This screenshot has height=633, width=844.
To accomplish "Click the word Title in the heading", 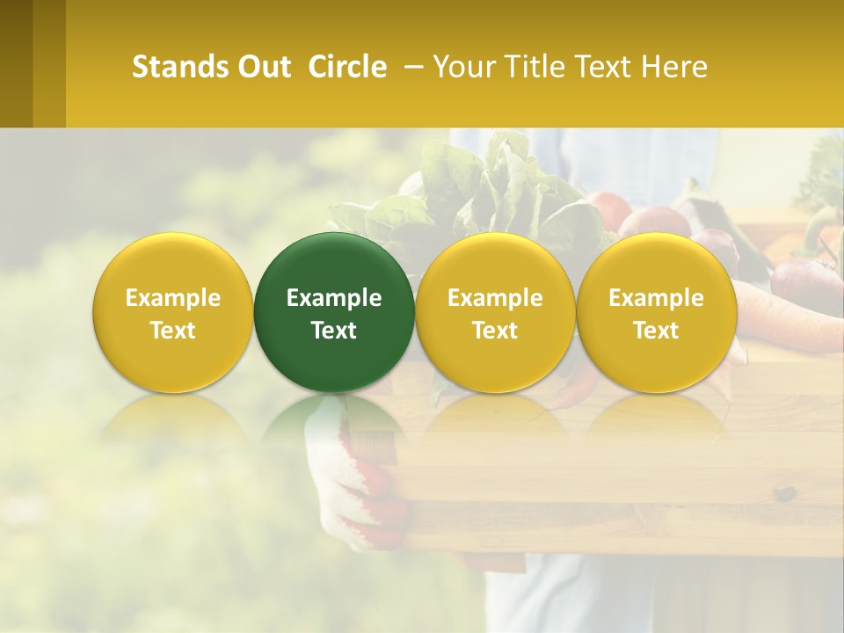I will (x=535, y=67).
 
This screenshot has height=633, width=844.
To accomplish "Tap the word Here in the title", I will (x=675, y=67).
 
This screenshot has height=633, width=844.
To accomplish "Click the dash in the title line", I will (x=411, y=67).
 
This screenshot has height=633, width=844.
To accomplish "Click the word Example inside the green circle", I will (x=334, y=298).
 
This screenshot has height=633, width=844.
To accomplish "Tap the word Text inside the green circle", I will (x=334, y=331).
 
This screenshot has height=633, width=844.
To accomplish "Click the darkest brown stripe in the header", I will (x=16, y=63).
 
